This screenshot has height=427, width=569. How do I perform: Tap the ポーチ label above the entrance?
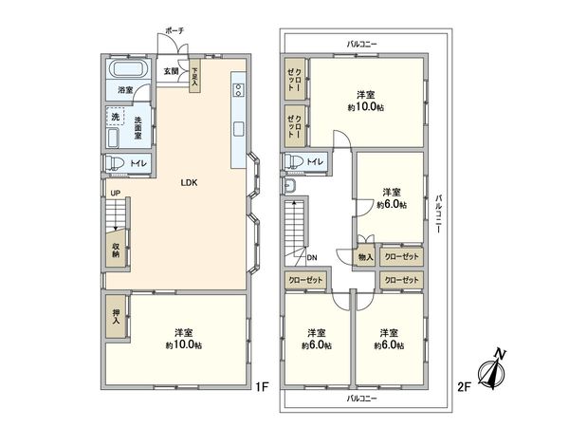pyautogui.click(x=174, y=31)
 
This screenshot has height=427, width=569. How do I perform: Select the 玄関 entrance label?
pyautogui.click(x=170, y=71)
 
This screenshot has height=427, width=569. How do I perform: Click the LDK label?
pyautogui.click(x=190, y=183)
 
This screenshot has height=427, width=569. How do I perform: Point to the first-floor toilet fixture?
pyautogui.click(x=114, y=165)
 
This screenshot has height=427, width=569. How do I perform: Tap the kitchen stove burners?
pyautogui.click(x=237, y=92)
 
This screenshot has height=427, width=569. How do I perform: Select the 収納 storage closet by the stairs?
pyautogui.click(x=115, y=250)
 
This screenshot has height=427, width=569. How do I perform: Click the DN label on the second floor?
pyautogui.click(x=310, y=257)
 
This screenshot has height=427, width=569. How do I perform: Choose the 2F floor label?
pyautogui.click(x=465, y=386)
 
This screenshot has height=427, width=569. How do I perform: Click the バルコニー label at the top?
pyautogui.click(x=360, y=44)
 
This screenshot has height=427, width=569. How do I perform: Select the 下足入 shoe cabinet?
pyautogui.click(x=194, y=76)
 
